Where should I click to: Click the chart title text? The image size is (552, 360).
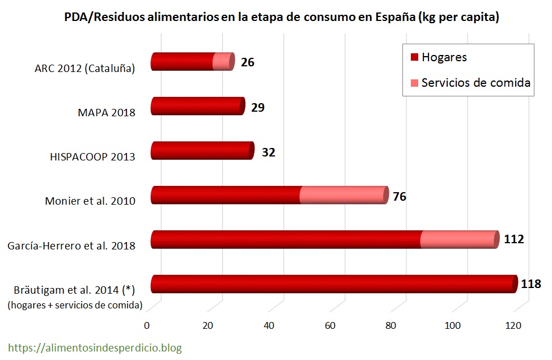click(x=281, y=18)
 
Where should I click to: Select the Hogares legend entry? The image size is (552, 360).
click(x=444, y=57)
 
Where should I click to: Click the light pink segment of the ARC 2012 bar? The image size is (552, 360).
click(x=222, y=61)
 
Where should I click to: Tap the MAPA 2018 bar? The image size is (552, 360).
click(x=197, y=106)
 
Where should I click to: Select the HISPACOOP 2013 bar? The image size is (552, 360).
click(x=202, y=150)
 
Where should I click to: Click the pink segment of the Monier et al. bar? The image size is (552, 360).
click(x=342, y=195)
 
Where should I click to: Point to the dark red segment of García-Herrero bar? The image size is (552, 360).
click(x=286, y=239)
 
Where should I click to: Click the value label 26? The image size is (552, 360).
click(x=247, y=62)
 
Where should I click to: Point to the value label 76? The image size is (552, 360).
click(x=400, y=197)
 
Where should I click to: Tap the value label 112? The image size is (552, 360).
click(x=513, y=239)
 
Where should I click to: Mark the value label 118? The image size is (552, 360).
click(x=531, y=284)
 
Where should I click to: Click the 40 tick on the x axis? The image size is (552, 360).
click(x=269, y=326)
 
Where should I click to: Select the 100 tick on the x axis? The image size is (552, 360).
click(x=452, y=326)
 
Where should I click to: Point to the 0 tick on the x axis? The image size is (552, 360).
click(x=147, y=326)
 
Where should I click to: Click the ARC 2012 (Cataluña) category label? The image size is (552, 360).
click(x=84, y=69)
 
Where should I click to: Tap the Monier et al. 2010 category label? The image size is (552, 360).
click(x=90, y=201)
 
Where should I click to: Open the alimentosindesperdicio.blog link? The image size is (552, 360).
click(x=95, y=347)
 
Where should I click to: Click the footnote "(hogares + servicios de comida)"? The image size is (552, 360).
click(x=74, y=306)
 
